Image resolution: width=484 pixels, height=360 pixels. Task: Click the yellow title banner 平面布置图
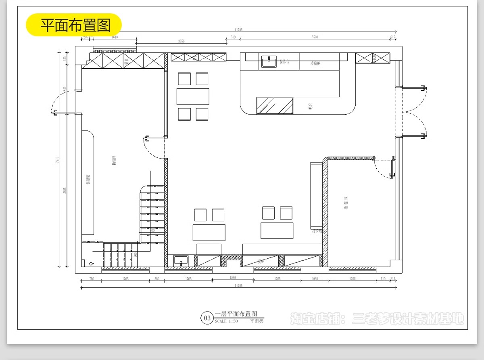point(74,25)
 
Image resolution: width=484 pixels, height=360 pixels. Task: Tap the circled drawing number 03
point(207,318)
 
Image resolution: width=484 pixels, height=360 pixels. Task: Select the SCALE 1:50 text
point(226,322)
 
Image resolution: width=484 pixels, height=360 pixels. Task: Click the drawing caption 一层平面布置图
point(236,314)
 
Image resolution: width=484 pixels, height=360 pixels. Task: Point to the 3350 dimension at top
point(181,41)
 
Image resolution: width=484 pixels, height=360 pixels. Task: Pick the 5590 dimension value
point(315,37)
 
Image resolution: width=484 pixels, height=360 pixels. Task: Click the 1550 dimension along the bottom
point(233,278)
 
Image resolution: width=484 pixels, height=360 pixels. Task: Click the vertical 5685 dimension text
point(65,190)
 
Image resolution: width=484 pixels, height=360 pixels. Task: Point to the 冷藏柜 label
point(315,63)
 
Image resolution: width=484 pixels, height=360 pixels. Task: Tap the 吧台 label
point(310,107)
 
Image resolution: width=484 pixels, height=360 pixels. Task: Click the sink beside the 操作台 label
point(269,61)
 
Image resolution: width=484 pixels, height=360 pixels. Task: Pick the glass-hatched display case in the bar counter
point(275,106)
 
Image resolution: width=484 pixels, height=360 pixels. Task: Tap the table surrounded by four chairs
point(193,96)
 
